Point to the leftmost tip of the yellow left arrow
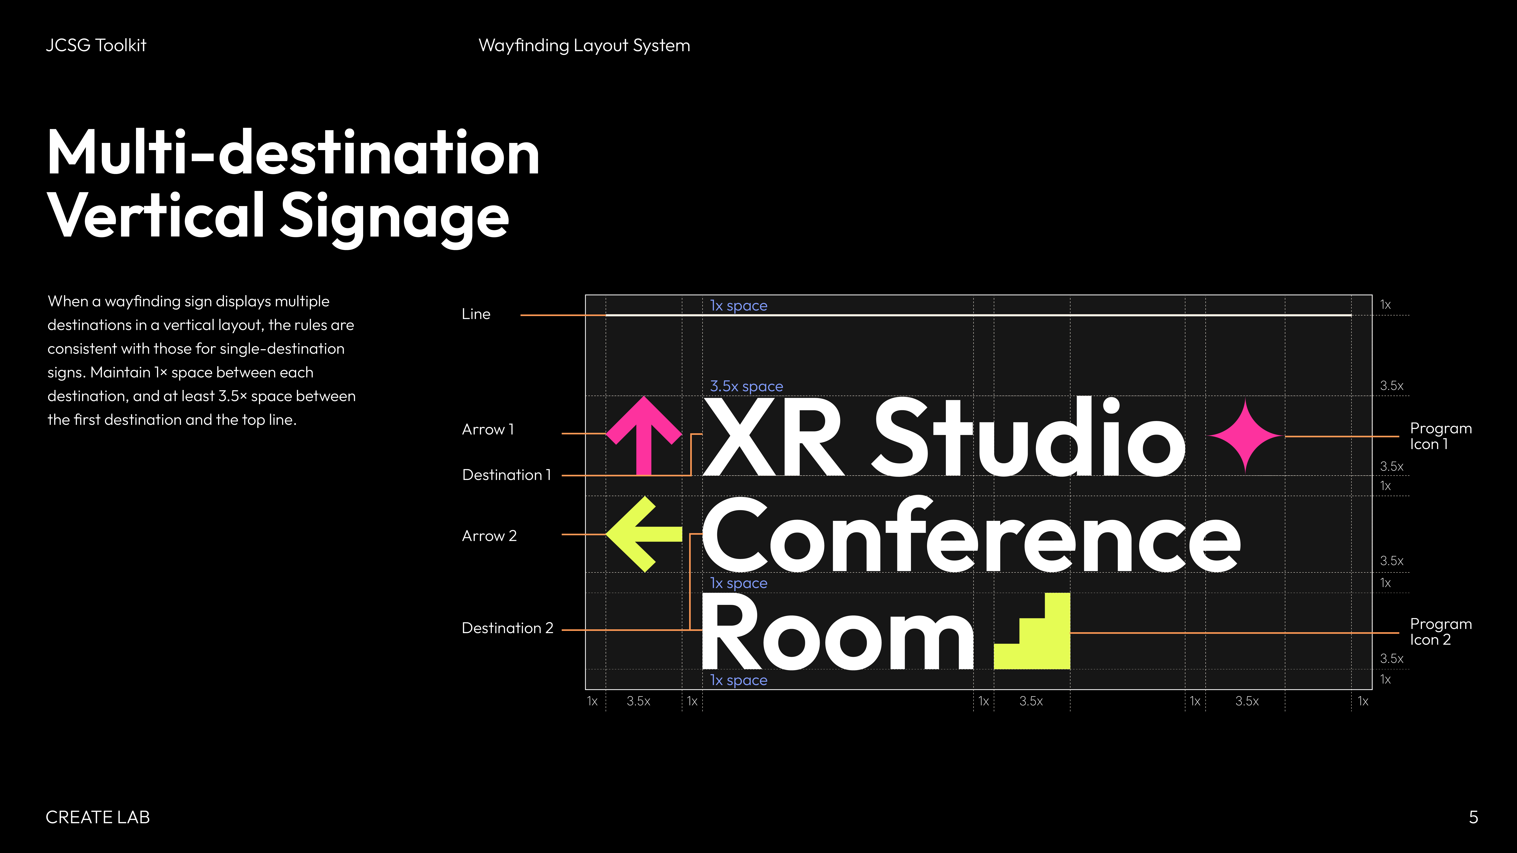tap(607, 534)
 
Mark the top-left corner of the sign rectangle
tap(585, 295)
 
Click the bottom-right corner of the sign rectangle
tap(1372, 689)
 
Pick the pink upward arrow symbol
tap(644, 436)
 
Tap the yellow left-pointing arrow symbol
tap(644, 534)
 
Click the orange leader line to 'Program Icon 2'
tap(1234, 633)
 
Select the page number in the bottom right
tap(1473, 817)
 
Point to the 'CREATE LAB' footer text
tap(98, 817)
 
